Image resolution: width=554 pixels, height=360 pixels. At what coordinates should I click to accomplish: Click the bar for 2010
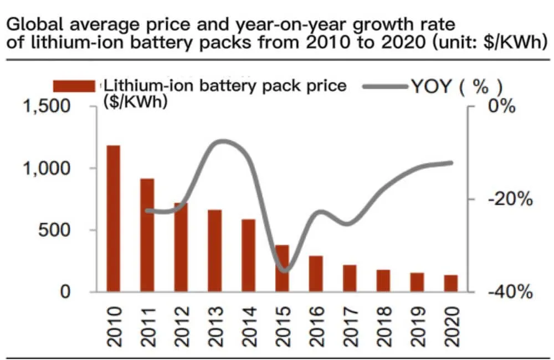[114, 218]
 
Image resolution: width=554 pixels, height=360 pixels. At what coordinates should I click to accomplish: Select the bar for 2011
[147, 235]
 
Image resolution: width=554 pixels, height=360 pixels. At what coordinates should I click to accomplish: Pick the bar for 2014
[248, 255]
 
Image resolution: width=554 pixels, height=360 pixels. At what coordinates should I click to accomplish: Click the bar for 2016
[316, 274]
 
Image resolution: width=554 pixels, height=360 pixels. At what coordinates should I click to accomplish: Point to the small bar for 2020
[451, 283]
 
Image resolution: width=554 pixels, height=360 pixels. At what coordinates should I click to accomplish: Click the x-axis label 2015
[283, 327]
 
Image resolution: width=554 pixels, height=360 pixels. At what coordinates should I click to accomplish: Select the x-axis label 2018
[384, 327]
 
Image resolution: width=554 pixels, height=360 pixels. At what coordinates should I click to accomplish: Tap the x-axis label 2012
[181, 327]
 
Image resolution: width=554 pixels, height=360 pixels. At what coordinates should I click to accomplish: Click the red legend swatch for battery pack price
[75, 86]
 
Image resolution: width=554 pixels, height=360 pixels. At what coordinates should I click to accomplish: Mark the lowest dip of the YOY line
[284, 271]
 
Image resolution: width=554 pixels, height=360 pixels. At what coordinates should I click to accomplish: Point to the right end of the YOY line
[452, 163]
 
